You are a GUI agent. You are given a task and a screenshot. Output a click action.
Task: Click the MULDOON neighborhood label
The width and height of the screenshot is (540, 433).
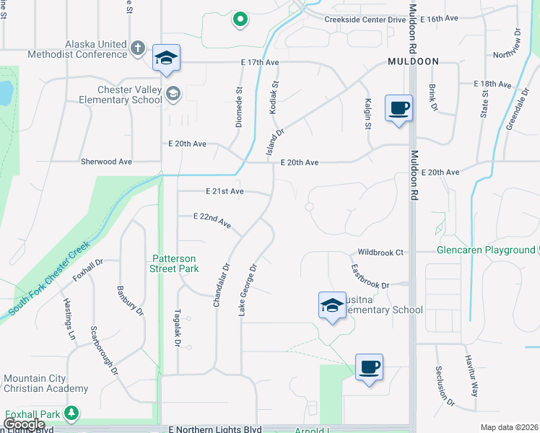pos(412,61)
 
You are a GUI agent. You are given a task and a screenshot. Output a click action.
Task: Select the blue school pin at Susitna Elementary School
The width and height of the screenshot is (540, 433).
pos(332,306)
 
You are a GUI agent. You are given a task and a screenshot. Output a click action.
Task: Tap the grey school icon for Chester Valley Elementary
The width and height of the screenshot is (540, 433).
pos(173,93)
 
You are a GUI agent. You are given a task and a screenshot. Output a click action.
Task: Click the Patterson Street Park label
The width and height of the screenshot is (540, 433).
pos(174,263)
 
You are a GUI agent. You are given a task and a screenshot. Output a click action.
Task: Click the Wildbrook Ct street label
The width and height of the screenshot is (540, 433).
pos(380,253)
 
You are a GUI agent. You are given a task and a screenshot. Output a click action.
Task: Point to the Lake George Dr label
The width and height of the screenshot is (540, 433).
pos(248,289)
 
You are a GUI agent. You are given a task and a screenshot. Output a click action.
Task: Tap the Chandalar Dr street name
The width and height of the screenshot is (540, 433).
pos(221,285)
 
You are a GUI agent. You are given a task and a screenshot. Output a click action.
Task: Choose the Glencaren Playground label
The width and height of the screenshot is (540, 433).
pos(486,250)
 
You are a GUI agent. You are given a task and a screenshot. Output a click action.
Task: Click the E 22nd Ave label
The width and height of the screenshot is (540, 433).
pos(212,221)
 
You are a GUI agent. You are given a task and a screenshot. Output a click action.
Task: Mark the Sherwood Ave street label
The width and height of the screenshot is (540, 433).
pos(107,162)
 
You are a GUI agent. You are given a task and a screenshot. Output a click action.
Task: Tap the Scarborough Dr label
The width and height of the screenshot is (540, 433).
pos(104,351)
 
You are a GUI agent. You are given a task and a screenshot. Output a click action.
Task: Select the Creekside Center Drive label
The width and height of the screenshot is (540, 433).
pos(365,19)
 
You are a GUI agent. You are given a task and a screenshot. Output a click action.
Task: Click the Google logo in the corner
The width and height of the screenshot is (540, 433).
pos(23,424)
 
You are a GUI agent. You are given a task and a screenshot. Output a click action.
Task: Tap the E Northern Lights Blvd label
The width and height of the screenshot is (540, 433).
pos(215,429)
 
